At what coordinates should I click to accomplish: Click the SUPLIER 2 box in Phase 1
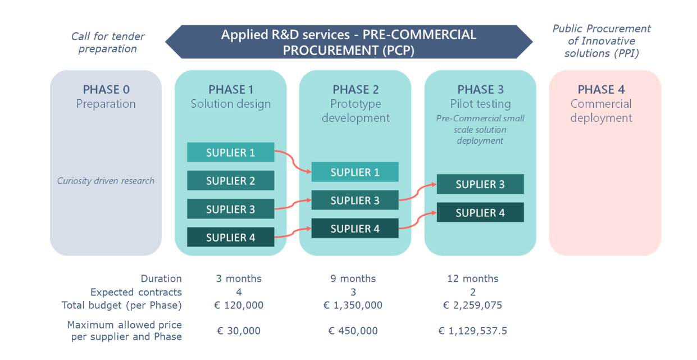point(231,180)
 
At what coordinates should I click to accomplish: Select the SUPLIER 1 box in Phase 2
point(355,172)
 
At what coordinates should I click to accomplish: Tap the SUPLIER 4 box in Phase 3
point(480,212)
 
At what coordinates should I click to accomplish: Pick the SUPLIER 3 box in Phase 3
point(480,184)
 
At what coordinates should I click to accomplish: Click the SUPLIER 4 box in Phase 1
point(231,237)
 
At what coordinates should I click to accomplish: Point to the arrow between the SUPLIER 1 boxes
point(293,161)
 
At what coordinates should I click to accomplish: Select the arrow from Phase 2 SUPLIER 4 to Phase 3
point(417,221)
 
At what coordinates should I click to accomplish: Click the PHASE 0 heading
point(106,90)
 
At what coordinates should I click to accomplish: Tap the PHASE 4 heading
point(601,90)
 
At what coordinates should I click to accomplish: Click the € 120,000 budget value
point(239,305)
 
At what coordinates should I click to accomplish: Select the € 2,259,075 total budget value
point(472,305)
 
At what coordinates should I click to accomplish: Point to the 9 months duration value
point(353,278)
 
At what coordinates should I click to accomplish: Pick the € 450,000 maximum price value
point(353,330)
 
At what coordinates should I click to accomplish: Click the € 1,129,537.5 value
point(472,330)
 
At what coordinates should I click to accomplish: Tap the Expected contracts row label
point(136,292)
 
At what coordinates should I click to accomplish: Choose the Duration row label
point(161,278)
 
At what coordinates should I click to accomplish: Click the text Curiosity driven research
point(106,181)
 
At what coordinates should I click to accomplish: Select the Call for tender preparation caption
point(108,42)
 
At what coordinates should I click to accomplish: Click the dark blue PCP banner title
point(348,42)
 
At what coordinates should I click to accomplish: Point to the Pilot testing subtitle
point(480,104)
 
